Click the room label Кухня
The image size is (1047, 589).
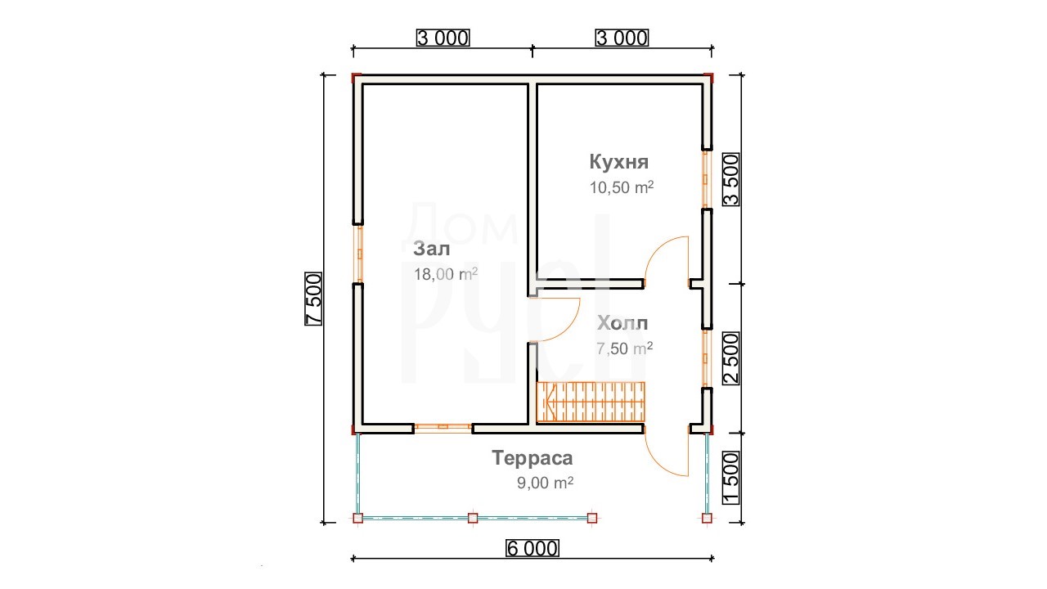click(619, 162)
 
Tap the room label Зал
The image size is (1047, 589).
click(431, 249)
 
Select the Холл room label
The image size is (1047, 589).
click(622, 323)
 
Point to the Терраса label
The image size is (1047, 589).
click(532, 457)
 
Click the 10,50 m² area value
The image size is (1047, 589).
click(621, 187)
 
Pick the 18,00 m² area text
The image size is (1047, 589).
click(446, 274)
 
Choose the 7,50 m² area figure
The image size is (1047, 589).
click(624, 348)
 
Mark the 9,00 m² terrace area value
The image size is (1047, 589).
click(545, 483)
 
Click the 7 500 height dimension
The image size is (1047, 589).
click(313, 299)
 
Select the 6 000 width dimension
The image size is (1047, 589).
click(532, 548)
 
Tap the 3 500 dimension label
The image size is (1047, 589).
click(731, 180)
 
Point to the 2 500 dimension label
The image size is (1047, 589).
click(731, 358)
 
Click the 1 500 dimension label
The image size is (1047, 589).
click(731, 478)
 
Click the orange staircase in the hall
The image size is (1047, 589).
click(591, 402)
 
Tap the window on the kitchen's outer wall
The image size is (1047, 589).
click(706, 179)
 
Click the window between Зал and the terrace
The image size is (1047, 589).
click(443, 426)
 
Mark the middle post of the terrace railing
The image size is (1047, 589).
click(473, 518)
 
